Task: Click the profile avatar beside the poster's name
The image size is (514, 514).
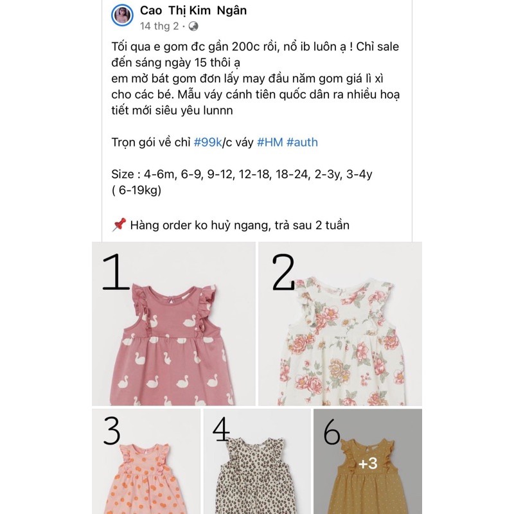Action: pyautogui.click(x=122, y=16)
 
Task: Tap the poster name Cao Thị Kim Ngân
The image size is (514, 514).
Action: pyautogui.click(x=193, y=10)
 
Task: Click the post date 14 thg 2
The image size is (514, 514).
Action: pyautogui.click(x=159, y=26)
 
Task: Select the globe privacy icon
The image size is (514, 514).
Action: pyautogui.click(x=193, y=26)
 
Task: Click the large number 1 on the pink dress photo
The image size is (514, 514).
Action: pyautogui.click(x=116, y=272)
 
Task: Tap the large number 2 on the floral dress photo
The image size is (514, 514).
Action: pyautogui.click(x=283, y=272)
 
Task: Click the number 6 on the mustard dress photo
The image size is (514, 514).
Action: pyautogui.click(x=332, y=433)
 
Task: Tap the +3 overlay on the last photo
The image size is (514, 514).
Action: pyautogui.click(x=368, y=464)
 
